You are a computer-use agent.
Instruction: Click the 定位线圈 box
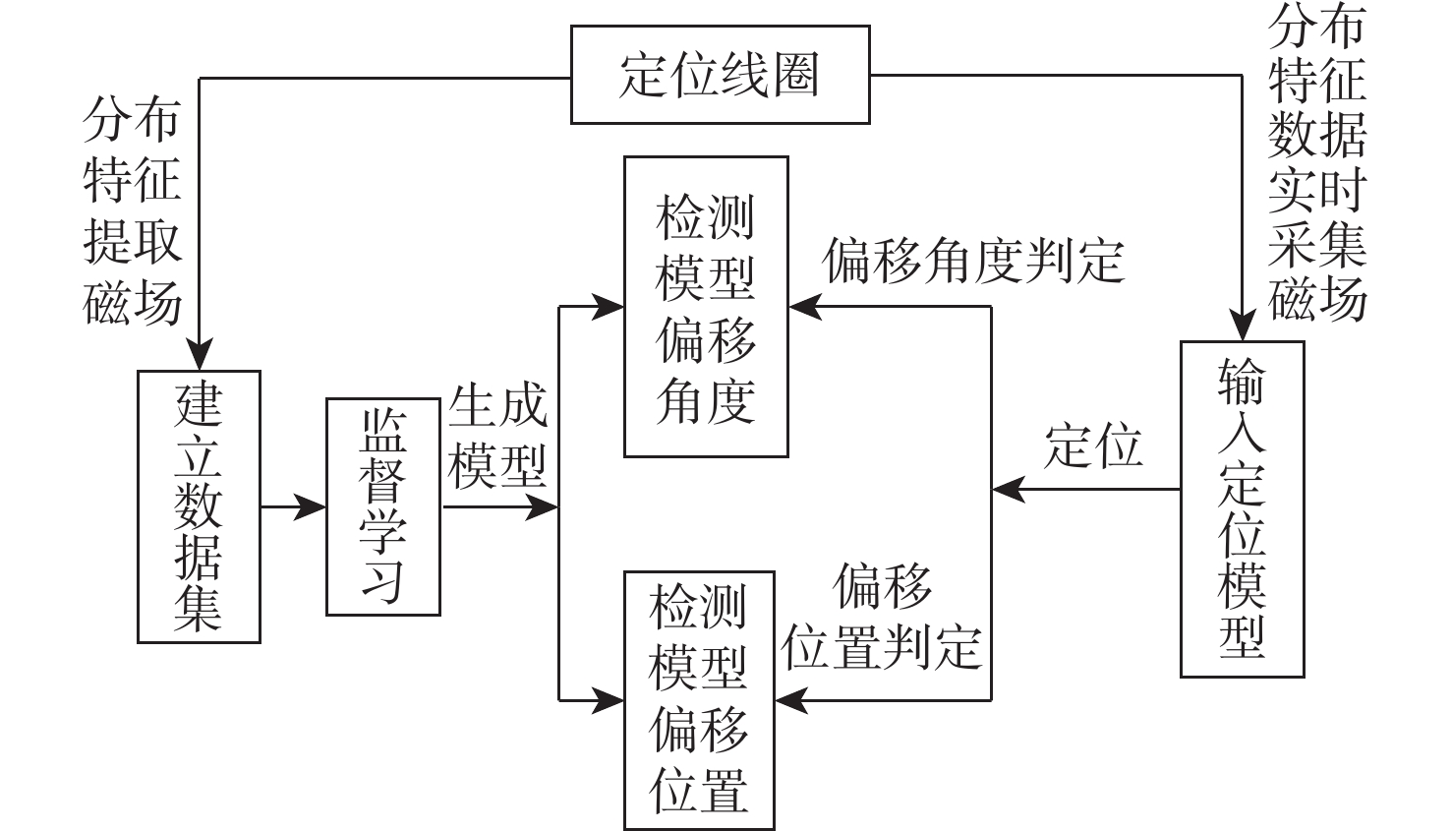[x=720, y=75]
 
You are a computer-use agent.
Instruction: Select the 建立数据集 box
[x=199, y=506]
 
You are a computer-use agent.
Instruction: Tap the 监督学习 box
[x=382, y=506]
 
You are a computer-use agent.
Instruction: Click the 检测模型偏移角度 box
[x=706, y=307]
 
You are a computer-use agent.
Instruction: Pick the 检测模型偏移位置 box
[x=699, y=699]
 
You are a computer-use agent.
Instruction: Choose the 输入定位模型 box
[x=1242, y=508]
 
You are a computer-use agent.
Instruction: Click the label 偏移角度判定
[x=973, y=262]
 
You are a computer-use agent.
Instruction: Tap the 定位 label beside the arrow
[x=1093, y=446]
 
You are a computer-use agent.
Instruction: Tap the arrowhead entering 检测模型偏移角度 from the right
[x=804, y=307]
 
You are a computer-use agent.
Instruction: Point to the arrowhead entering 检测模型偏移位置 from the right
[x=790, y=700]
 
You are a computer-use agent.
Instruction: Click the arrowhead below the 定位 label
[x=1008, y=489]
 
